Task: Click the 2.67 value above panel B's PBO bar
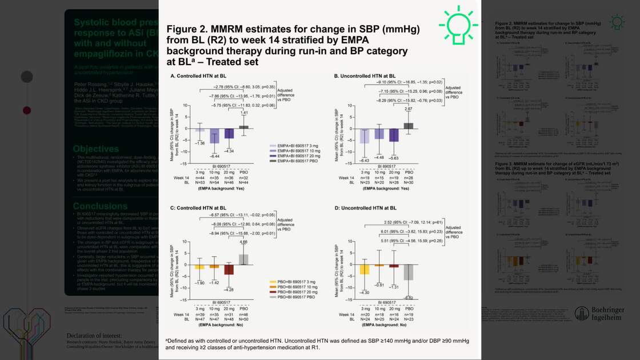(407, 109)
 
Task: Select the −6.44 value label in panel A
(214, 156)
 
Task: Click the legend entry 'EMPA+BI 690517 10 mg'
(296, 150)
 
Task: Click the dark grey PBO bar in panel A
(244, 127)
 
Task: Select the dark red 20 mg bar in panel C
(229, 270)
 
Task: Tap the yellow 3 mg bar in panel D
(364, 269)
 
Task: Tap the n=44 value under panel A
(199, 178)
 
